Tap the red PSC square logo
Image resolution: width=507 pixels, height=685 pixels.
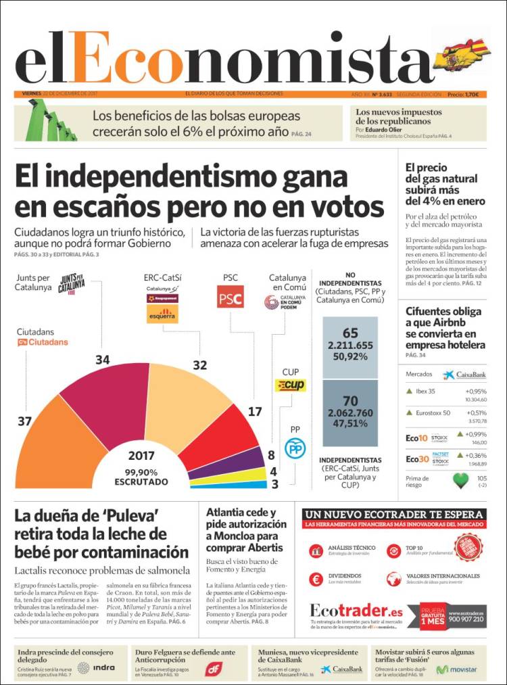[x=230, y=297]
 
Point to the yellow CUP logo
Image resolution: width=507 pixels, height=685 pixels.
[x=291, y=385]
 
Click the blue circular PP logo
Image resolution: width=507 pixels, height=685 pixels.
[x=295, y=448]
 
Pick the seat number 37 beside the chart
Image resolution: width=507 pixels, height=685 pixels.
[x=25, y=422]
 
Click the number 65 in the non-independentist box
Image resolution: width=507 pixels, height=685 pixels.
[x=350, y=333]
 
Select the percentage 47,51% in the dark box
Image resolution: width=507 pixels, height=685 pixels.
[x=350, y=424]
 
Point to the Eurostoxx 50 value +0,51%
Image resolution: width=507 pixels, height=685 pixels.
[x=476, y=412]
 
